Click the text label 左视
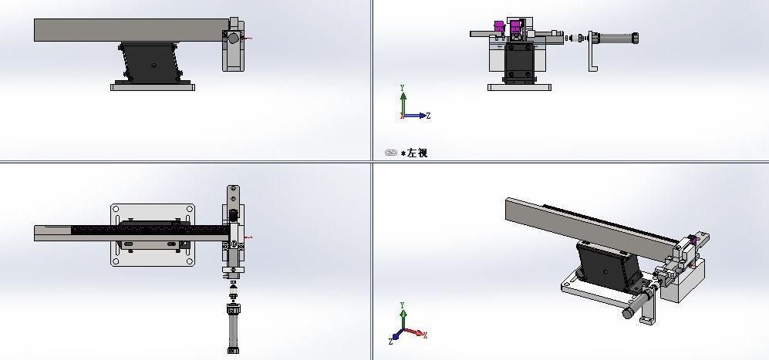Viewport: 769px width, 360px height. click(417, 153)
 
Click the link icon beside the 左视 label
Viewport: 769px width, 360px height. click(390, 153)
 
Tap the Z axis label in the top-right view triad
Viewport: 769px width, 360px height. click(428, 116)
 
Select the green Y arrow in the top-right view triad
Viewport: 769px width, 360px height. click(403, 99)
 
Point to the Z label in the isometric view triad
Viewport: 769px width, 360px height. click(393, 339)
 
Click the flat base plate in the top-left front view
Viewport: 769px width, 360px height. click(152, 87)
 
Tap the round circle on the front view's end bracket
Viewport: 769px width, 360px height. click(233, 37)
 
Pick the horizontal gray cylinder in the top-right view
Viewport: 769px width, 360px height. click(615, 36)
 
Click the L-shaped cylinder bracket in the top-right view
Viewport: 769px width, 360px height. click(592, 54)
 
